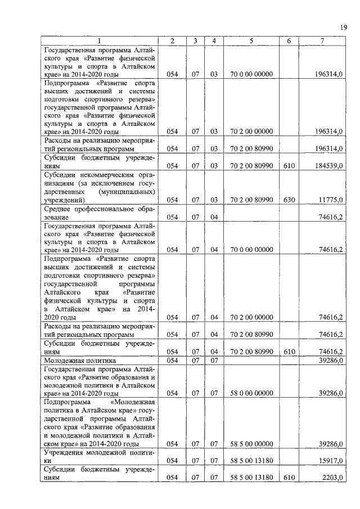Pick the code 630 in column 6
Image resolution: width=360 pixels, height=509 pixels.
tap(289, 200)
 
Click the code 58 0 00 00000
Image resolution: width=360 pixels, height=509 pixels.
tap(251, 393)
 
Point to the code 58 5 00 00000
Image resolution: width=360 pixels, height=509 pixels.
tap(251, 444)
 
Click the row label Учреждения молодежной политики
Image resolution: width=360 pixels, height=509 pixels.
tap(99, 456)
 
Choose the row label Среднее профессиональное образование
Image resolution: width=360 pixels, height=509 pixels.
tap(99, 212)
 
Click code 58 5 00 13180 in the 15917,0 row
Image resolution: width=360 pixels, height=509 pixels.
tap(251, 461)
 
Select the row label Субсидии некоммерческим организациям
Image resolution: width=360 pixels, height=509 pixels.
tap(99, 187)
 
